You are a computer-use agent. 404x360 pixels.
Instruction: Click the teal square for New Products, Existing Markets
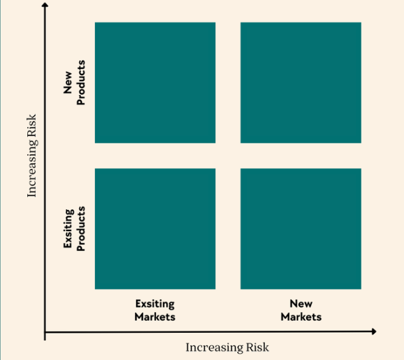point(155,82)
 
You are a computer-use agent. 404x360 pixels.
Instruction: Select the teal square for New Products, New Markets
point(301,82)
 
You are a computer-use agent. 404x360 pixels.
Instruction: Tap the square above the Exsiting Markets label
point(155,229)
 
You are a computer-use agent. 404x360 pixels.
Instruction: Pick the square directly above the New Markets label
point(301,229)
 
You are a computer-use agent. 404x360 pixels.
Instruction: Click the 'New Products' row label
point(74,82)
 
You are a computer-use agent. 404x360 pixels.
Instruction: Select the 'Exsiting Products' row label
point(74,228)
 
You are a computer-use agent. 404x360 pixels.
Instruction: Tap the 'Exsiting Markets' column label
point(155,310)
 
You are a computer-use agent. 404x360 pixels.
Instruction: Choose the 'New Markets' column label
point(301,310)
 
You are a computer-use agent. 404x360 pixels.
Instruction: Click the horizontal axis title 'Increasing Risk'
point(227,347)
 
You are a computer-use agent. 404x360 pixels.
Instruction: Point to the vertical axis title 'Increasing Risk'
point(33,156)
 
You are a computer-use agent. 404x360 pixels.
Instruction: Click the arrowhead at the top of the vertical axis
point(45,5)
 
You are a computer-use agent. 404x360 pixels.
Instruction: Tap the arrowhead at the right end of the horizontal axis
point(374,331)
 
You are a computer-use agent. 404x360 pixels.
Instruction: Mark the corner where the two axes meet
point(45,332)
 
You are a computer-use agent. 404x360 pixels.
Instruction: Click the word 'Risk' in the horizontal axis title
point(257,347)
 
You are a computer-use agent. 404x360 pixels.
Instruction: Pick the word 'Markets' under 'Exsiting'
point(155,317)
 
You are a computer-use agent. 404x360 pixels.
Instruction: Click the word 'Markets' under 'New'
point(301,317)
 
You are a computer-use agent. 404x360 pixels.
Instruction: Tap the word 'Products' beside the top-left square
point(80,82)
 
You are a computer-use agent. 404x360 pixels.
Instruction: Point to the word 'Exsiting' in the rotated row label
point(69,228)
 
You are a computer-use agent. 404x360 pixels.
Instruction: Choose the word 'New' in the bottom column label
point(301,304)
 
